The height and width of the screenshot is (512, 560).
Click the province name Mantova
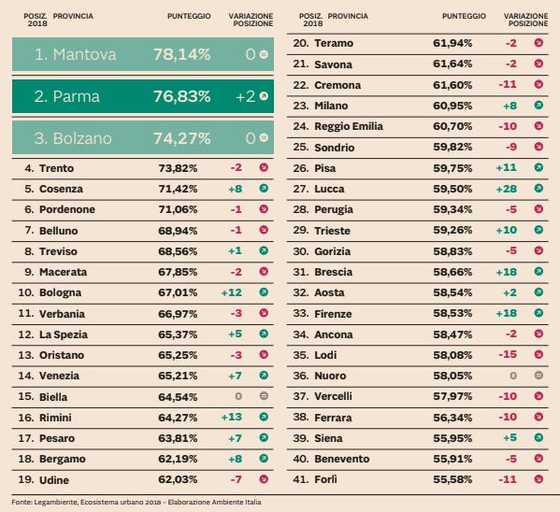(83, 55)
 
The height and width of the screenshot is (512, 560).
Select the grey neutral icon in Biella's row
(265, 396)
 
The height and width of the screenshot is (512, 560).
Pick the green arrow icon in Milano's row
(538, 107)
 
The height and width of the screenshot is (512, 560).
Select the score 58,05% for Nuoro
(452, 376)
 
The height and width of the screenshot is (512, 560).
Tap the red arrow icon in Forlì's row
(538, 478)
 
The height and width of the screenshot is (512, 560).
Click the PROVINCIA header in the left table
(74, 16)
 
